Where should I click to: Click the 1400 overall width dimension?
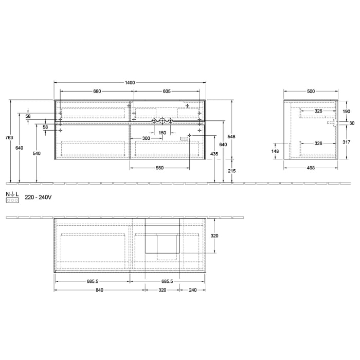click(130, 82)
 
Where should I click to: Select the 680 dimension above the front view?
click(97, 91)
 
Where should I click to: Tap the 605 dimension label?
click(167, 91)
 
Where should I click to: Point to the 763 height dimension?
click(5, 137)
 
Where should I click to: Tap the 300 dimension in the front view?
click(146, 139)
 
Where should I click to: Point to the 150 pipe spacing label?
click(162, 133)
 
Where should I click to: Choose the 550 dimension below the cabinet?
click(160, 169)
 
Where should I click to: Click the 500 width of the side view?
click(311, 91)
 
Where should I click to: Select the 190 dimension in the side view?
click(346, 111)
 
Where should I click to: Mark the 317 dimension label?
click(346, 143)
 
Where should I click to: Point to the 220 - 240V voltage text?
click(39, 197)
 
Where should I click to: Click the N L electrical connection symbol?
click(12, 196)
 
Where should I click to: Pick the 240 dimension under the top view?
click(192, 290)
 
